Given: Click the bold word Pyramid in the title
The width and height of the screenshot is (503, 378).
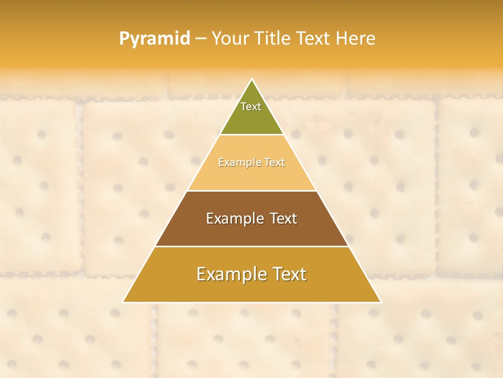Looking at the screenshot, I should click(154, 39).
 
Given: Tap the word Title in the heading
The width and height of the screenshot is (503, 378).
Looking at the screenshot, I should click(272, 39).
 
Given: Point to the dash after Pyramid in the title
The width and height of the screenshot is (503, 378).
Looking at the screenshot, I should click(200, 39).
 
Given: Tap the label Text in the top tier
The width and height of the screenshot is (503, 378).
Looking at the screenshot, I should click(251, 107).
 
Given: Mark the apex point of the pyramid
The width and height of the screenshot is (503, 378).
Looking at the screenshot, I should click(252, 80).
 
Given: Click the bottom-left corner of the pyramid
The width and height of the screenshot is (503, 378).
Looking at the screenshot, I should click(123, 302).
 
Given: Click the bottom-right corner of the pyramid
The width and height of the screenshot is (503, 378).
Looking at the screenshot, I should click(380, 302).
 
